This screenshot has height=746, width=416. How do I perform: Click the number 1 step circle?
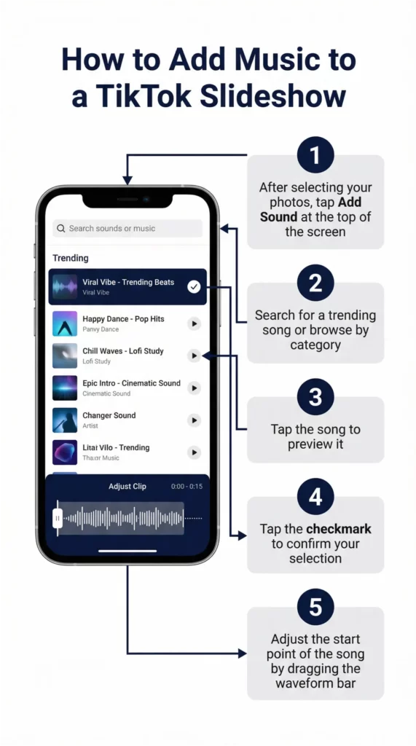[315, 155]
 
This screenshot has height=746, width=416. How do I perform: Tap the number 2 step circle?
[315, 283]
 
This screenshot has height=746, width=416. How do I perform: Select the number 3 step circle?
[315, 397]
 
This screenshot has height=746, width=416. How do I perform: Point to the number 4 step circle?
[315, 497]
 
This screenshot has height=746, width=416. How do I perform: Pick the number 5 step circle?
[315, 607]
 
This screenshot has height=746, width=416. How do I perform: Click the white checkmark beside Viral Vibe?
[194, 286]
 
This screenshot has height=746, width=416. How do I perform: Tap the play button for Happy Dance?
[194, 323]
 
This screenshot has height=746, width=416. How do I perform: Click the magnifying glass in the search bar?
[61, 229]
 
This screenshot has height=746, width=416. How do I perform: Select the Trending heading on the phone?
[71, 258]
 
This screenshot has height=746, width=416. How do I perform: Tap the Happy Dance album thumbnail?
[65, 323]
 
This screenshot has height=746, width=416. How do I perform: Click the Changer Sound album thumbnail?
[65, 420]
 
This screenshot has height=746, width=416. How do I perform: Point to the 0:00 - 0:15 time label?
[187, 486]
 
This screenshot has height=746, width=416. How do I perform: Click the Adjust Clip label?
[127, 486]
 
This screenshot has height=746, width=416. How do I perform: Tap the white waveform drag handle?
[58, 518]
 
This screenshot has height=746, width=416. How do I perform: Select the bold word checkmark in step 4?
[338, 529]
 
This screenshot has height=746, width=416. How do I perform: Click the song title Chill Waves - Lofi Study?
[123, 351]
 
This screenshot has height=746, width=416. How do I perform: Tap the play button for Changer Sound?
[194, 420]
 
